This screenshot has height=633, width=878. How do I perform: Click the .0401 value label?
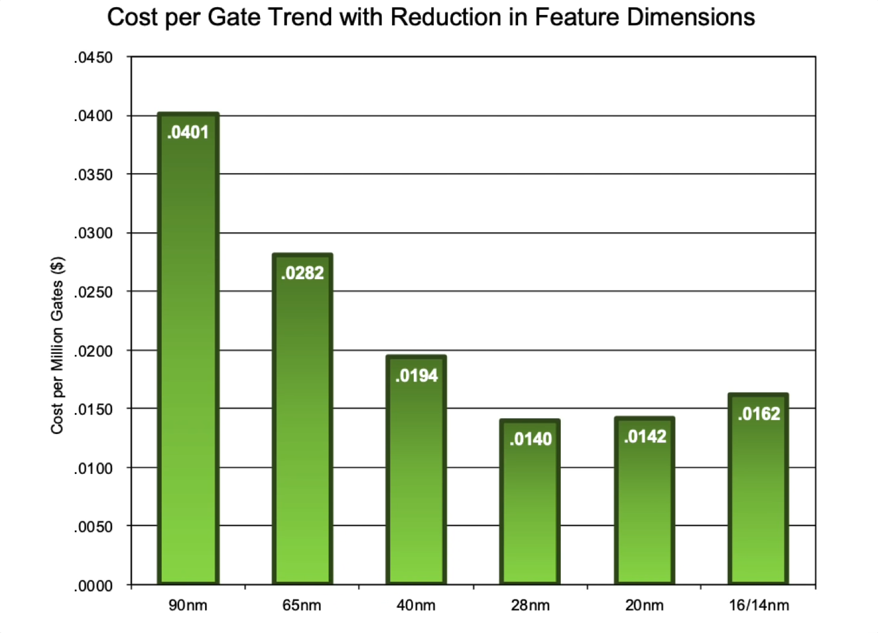coord(188,133)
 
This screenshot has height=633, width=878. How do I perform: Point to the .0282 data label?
coord(302,274)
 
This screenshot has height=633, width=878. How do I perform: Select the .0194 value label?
coord(416,376)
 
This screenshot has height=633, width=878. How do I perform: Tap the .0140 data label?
coord(530,439)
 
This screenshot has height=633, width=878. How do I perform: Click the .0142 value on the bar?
coord(645,437)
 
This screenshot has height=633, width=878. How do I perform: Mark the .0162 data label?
coord(759,414)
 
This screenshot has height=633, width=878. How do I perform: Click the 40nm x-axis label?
coord(416,605)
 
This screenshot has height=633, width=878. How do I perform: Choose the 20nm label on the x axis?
coord(644,605)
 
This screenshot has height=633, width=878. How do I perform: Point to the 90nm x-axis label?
coord(188,605)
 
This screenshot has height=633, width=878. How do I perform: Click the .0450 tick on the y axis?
coord(93,58)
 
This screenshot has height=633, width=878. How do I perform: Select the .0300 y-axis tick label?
coord(93,233)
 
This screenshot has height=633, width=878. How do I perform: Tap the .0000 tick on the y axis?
coord(93,586)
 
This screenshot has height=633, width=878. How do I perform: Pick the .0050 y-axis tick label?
coord(93,527)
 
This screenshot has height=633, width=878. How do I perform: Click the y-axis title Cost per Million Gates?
coord(57,345)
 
